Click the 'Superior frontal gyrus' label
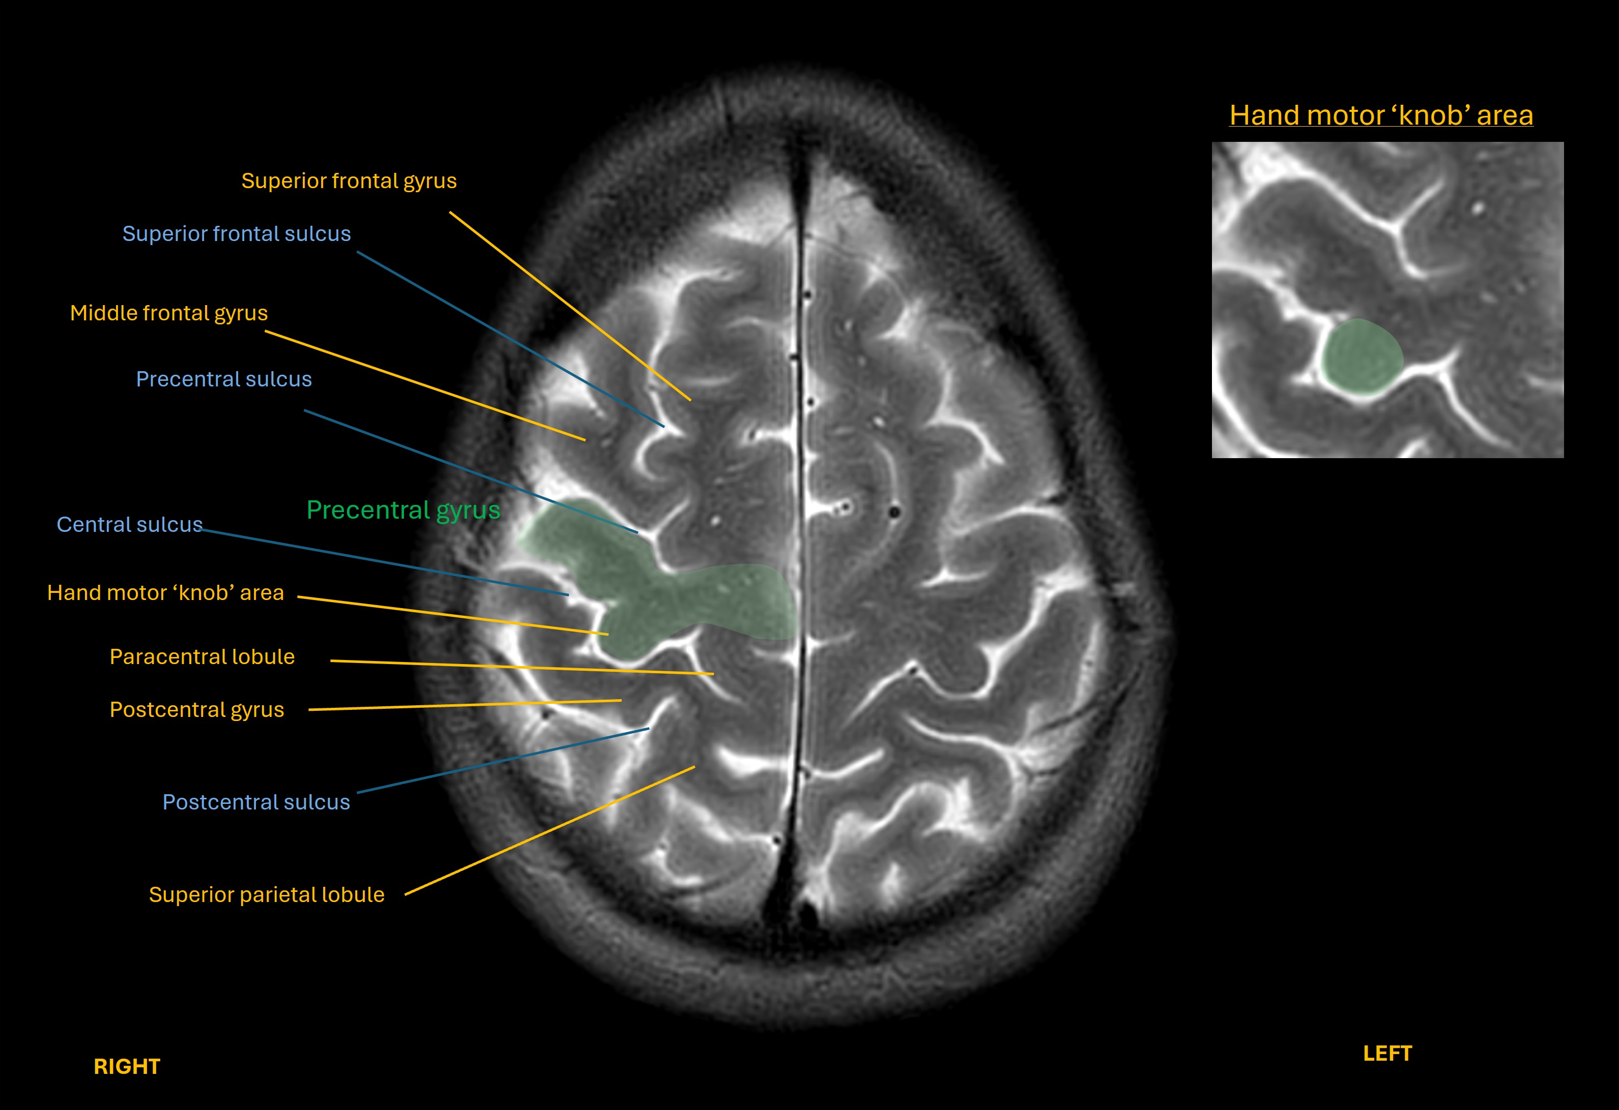349,181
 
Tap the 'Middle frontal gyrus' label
168,313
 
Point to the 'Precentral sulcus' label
224,379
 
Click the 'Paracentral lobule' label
202,656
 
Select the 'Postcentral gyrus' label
196,710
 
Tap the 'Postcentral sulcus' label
255,802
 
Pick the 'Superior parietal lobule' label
266,895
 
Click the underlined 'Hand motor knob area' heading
1381,115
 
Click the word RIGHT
127,1066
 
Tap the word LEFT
1387,1054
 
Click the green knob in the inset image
1361,357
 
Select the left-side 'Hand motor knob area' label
165,592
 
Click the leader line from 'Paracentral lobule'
522,667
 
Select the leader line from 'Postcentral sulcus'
502,761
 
